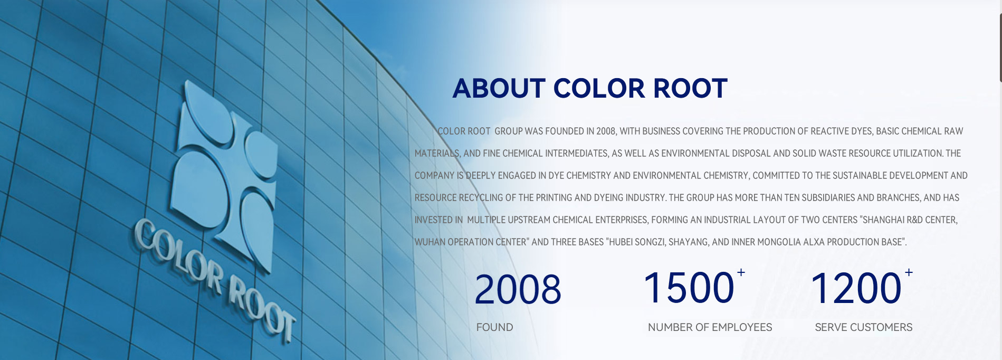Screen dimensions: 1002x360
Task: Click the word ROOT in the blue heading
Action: tap(691, 88)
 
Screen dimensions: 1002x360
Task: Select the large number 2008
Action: tap(518, 289)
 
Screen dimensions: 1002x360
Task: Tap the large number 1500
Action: tap(689, 288)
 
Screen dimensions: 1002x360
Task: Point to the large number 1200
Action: tap(856, 288)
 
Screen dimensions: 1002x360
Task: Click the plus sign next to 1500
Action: tap(741, 272)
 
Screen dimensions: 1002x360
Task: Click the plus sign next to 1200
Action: tap(909, 272)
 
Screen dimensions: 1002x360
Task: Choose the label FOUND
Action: tap(494, 327)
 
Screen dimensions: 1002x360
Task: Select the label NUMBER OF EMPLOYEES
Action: tap(710, 327)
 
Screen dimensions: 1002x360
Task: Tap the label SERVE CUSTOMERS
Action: tap(863, 327)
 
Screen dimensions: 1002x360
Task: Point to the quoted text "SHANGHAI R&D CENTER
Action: tap(909, 220)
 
